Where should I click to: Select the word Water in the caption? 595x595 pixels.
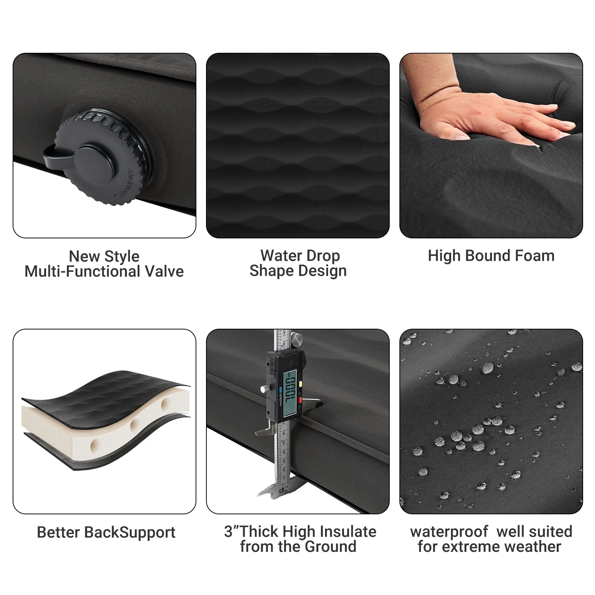(x=279, y=256)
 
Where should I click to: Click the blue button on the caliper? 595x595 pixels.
(x=281, y=390)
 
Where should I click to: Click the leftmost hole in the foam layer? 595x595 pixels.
(x=95, y=444)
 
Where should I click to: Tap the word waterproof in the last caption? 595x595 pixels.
(x=449, y=532)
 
